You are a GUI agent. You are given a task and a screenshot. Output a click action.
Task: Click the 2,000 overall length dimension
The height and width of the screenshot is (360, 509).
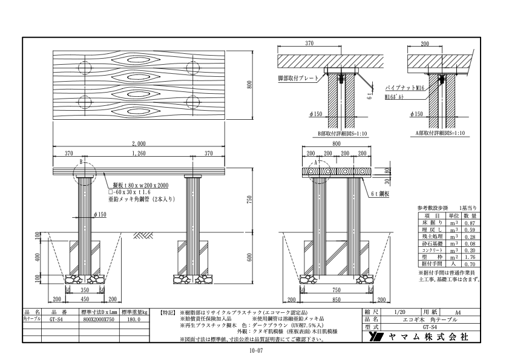[x=139, y=144]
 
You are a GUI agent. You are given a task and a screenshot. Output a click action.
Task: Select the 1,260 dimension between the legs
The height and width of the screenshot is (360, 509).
[x=139, y=154]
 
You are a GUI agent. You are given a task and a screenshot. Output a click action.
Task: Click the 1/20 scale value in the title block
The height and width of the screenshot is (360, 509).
[x=399, y=312]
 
